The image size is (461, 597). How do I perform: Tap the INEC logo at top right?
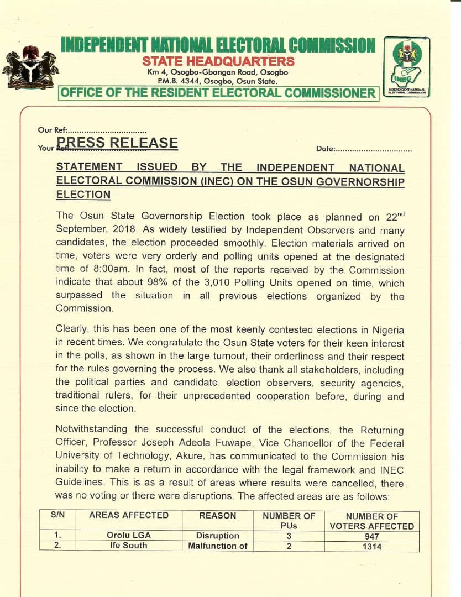[406, 67]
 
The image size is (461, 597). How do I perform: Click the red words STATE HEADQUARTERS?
[218, 61]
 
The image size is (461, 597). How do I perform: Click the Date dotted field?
[373, 149]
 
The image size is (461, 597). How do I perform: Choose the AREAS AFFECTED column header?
[129, 515]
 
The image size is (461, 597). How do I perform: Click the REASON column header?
[218, 515]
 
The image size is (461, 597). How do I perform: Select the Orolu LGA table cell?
[129, 536]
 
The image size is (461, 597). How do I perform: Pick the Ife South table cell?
[129, 546]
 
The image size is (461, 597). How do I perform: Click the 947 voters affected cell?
[371, 536]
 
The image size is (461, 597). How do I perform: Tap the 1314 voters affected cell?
[371, 547]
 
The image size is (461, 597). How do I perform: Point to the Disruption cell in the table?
[218, 536]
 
